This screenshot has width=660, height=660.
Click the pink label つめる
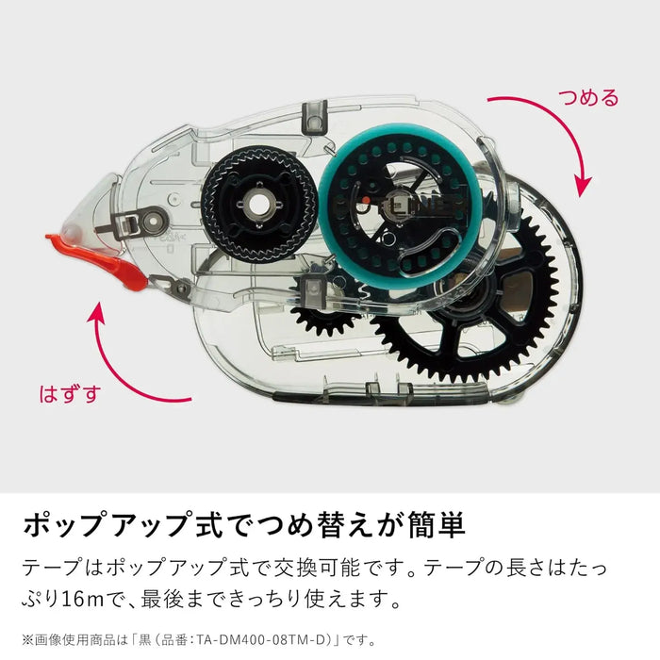(588, 98)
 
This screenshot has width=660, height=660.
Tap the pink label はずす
(71, 394)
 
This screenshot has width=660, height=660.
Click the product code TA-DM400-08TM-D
(261, 640)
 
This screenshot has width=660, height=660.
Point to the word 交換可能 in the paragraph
(318, 568)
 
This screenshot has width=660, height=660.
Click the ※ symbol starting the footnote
(27, 640)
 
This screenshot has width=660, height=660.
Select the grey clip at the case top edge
(315, 117)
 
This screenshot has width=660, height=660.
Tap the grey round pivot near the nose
(152, 221)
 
